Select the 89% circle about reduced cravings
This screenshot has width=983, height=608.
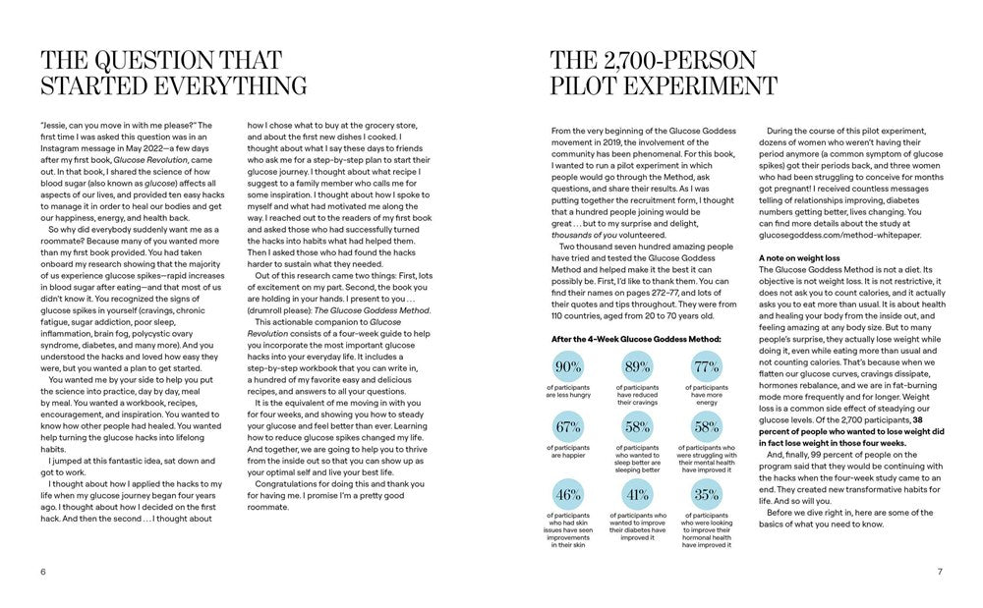pyautogui.click(x=637, y=367)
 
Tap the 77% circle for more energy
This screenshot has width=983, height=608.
pyautogui.click(x=706, y=367)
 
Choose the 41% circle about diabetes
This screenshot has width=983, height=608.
pyautogui.click(x=637, y=494)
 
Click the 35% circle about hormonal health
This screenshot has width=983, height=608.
pyautogui.click(x=706, y=494)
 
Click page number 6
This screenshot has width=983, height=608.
pyautogui.click(x=43, y=572)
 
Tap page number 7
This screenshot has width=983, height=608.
pyautogui.click(x=940, y=572)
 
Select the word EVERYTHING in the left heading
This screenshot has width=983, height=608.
pyautogui.click(x=227, y=84)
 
